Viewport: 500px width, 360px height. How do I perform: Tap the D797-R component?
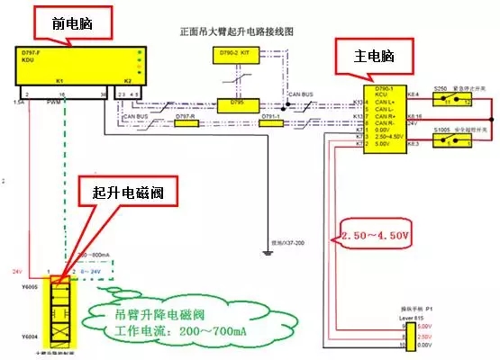186,122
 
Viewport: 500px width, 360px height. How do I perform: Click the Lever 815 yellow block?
410,333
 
